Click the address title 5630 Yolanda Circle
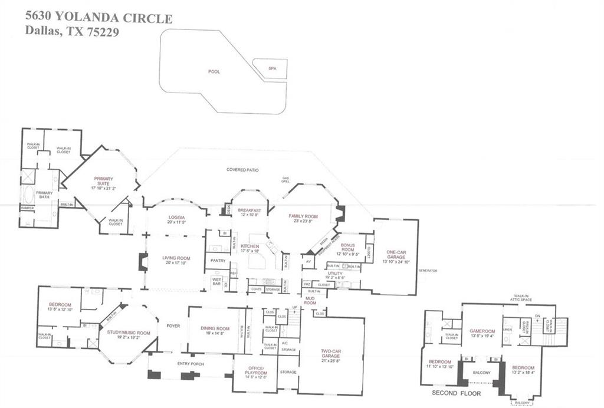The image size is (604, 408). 99,19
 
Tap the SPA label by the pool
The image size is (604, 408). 272,68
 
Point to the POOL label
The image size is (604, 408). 214,71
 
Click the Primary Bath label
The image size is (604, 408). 44,196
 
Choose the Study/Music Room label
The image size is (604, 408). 128,333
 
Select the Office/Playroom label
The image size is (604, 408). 255,372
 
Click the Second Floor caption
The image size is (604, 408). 456,393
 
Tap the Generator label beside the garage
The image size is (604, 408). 428,271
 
